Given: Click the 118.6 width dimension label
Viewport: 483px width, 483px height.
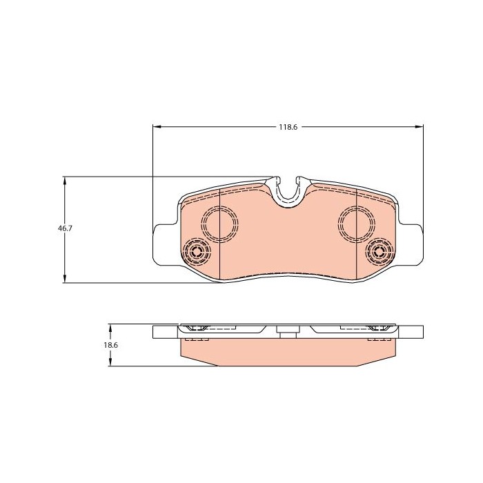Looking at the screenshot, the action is [288, 127].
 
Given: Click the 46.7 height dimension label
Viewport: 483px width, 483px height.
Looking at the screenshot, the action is [65, 228].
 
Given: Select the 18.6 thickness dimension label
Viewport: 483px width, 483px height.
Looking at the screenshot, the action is [110, 345].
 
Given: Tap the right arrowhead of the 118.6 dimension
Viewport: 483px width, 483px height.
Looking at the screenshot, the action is [420, 126].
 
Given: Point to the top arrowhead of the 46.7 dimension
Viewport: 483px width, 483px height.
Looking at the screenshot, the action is [64, 181].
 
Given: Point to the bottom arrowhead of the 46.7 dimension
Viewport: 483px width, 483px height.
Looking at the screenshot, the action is [64, 279].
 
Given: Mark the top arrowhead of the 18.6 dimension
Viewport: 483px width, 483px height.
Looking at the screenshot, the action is [110, 328].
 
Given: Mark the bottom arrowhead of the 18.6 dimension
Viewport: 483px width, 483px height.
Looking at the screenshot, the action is [110, 362].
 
